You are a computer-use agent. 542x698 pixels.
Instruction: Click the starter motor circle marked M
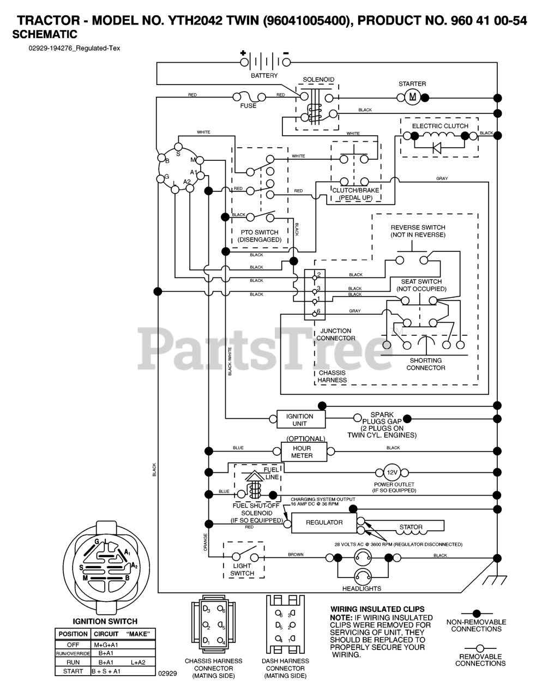412,98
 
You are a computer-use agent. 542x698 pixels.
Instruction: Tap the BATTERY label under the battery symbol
264,76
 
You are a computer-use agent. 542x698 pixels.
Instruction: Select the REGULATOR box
324,522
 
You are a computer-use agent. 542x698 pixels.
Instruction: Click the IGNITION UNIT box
299,419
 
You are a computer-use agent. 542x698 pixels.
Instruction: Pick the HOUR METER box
303,452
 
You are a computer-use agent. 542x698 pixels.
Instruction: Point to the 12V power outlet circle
393,472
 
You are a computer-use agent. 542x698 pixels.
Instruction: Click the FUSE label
248,106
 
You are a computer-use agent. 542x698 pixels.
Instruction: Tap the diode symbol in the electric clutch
437,147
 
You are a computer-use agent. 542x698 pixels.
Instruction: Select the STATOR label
411,527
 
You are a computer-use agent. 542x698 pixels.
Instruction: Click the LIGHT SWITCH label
242,570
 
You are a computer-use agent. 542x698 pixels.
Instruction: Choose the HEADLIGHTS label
362,588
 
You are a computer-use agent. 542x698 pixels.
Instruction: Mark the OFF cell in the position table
73,645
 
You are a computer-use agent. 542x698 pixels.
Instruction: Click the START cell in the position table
73,671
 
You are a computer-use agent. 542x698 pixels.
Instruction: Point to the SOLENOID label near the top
318,80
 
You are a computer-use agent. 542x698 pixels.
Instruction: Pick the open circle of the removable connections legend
479,648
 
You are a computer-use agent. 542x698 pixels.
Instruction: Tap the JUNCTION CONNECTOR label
335,334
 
